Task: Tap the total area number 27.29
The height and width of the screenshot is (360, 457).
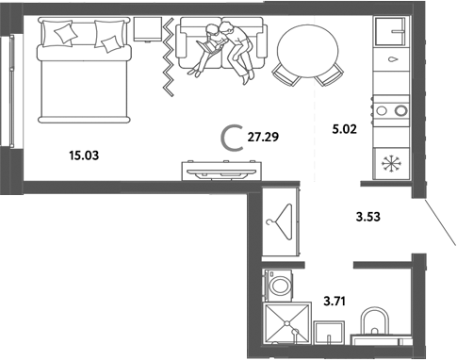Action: tap(264, 138)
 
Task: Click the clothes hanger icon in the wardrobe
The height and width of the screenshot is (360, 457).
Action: tap(280, 223)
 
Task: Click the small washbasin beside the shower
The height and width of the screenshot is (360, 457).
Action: tap(331, 333)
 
